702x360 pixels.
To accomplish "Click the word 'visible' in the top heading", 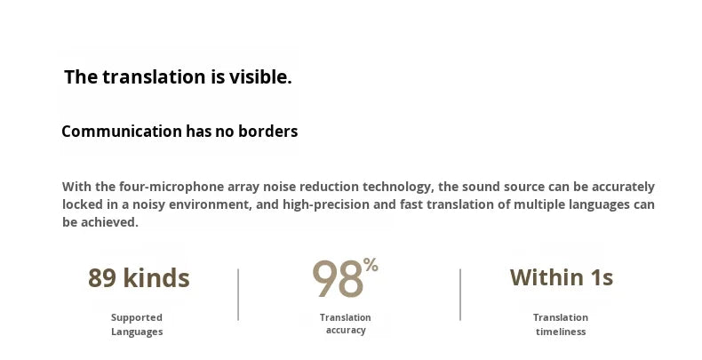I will click(258, 77).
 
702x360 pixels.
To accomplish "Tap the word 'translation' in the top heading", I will click(154, 77).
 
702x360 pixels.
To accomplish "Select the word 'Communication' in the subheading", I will click(122, 132).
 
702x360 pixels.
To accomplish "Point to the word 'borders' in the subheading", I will click(268, 132).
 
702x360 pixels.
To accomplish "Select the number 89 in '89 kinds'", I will click(102, 278).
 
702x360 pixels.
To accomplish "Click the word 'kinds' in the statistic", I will click(156, 278).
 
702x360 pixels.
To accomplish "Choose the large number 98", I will click(338, 279).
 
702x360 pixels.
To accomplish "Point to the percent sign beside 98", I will click(371, 264).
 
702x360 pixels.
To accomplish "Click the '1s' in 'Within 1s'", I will click(602, 277).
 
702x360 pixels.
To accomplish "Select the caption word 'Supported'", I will click(137, 317).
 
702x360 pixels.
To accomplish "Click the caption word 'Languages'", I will click(137, 332).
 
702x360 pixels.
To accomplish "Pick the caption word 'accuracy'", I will click(346, 331).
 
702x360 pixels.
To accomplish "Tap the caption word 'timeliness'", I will click(561, 332).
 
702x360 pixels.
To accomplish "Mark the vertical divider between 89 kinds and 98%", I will click(238, 294).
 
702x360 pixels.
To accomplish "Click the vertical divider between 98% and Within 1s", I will click(460, 294).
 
